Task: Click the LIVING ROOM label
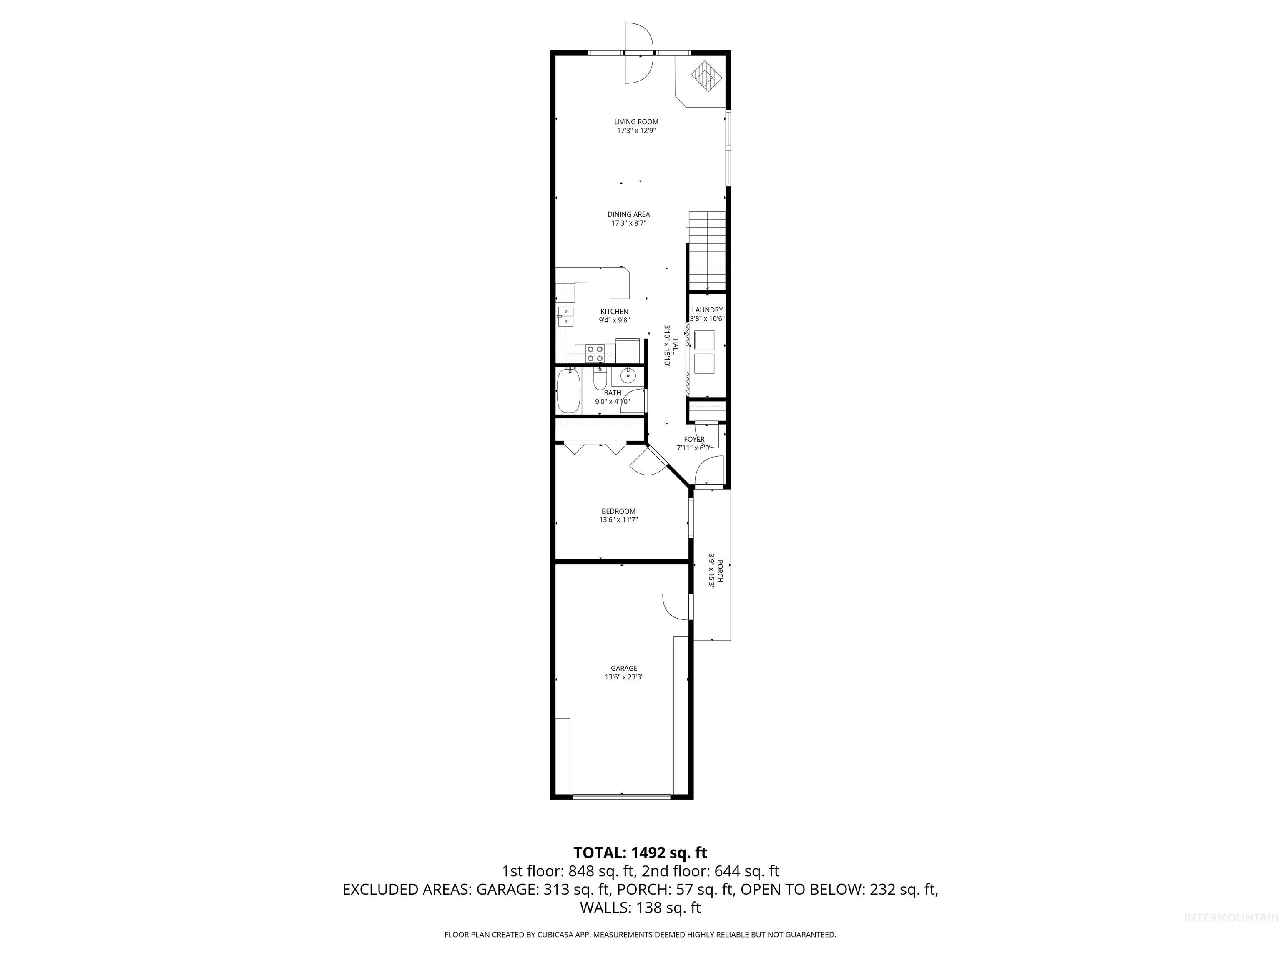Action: tap(636, 122)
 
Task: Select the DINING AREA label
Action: tap(628, 214)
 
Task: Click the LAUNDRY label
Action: tap(707, 310)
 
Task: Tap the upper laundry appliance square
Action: tap(705, 340)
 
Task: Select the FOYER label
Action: tap(694, 440)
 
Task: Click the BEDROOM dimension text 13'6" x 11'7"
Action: tap(618, 520)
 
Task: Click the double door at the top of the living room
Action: tap(639, 53)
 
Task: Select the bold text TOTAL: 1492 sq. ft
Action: tap(640, 853)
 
